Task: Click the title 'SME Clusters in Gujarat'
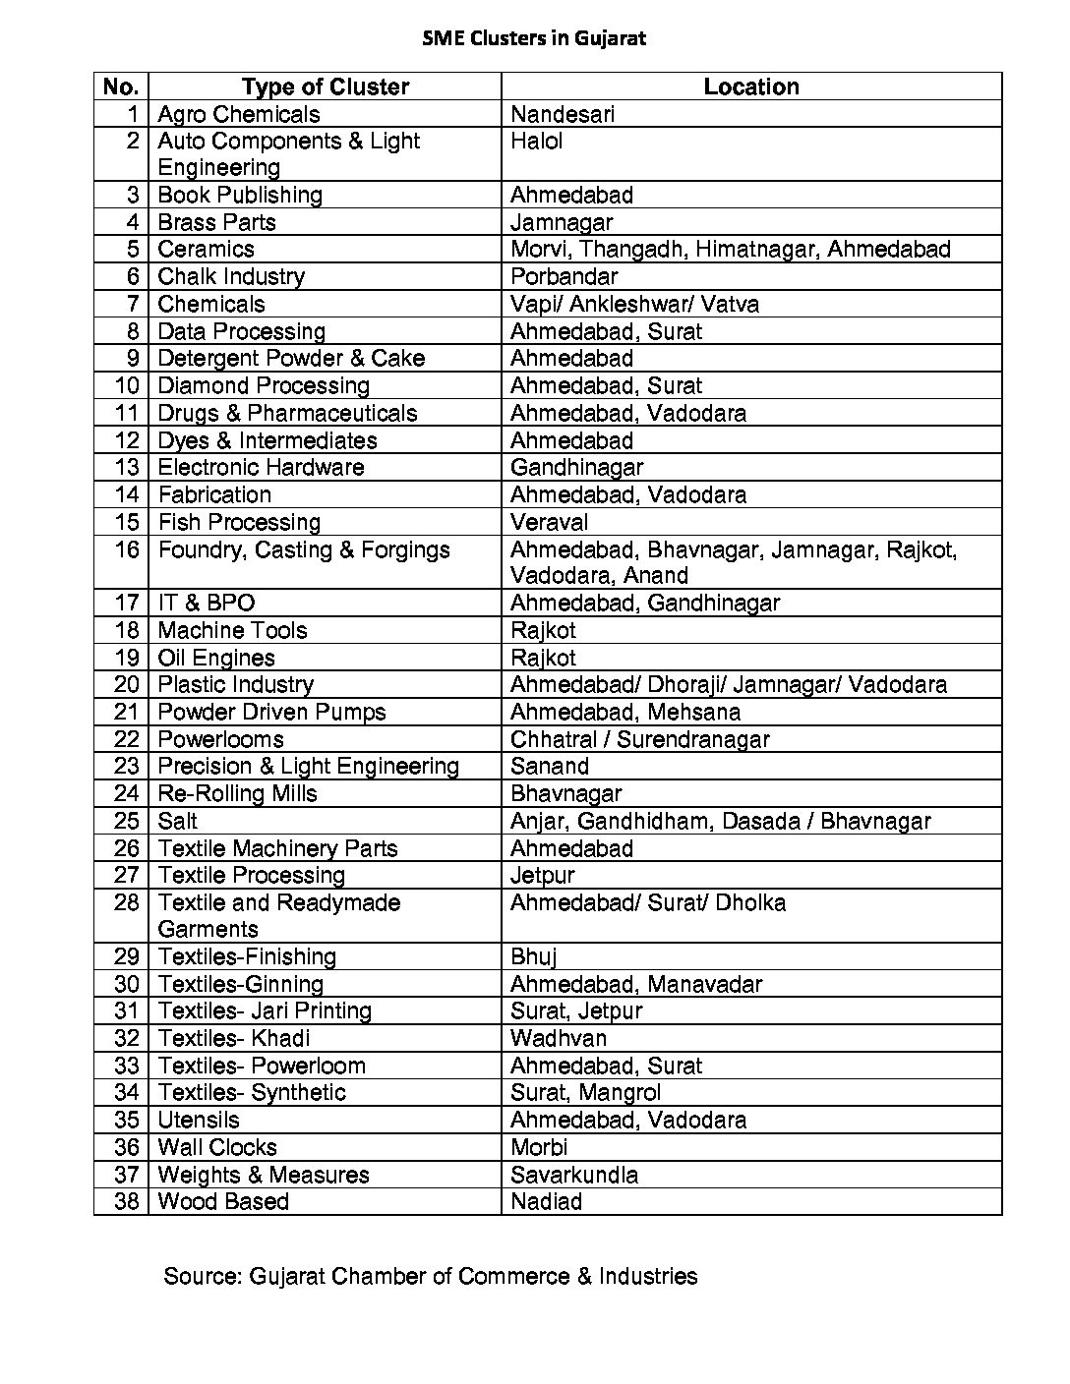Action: [534, 39]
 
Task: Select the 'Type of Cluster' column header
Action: [325, 86]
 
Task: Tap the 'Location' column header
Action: [750, 86]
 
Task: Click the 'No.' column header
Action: [120, 86]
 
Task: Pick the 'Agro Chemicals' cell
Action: [239, 114]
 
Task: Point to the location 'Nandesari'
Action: [563, 114]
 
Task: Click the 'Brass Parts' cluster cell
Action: [216, 222]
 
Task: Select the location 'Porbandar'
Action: [564, 276]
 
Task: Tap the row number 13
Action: [128, 467]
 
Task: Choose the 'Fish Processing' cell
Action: [239, 522]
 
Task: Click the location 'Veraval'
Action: [549, 522]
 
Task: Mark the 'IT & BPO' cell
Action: [206, 603]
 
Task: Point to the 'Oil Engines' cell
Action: [216, 658]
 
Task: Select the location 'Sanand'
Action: [550, 766]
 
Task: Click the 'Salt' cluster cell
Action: [177, 821]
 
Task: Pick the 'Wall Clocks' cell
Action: [217, 1147]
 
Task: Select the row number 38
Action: [127, 1201]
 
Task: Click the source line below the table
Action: [430, 1276]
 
